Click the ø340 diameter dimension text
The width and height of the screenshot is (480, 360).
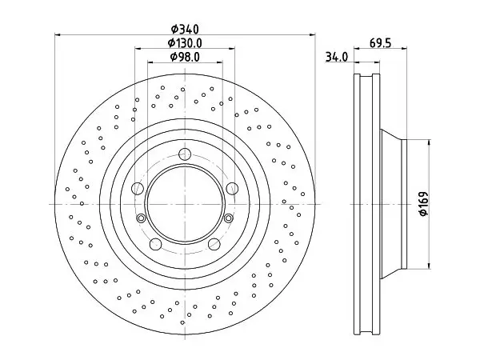coord(185,30)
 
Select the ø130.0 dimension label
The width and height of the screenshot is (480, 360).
coord(185,43)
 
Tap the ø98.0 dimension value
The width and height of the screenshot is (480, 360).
coord(185,57)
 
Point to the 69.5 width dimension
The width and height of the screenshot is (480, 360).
coord(380,43)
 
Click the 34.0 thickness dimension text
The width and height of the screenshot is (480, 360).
coord(337,58)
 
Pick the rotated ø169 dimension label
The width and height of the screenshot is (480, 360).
coord(424,204)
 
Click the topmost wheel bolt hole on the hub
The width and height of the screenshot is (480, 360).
coord(185,154)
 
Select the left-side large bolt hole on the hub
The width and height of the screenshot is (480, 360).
coord(138,188)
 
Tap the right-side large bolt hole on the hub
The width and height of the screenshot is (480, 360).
coord(232,188)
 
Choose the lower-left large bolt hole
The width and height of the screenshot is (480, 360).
coord(155,244)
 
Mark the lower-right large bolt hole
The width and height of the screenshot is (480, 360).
coord(214,244)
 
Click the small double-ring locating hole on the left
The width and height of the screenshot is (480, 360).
coord(141,218)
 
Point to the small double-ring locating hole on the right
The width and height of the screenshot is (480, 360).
coord(228,218)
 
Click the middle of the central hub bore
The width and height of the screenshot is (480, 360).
coord(185,204)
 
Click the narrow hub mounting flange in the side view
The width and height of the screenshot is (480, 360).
coord(404,204)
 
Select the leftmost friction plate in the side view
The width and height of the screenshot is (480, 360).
coord(357,204)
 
